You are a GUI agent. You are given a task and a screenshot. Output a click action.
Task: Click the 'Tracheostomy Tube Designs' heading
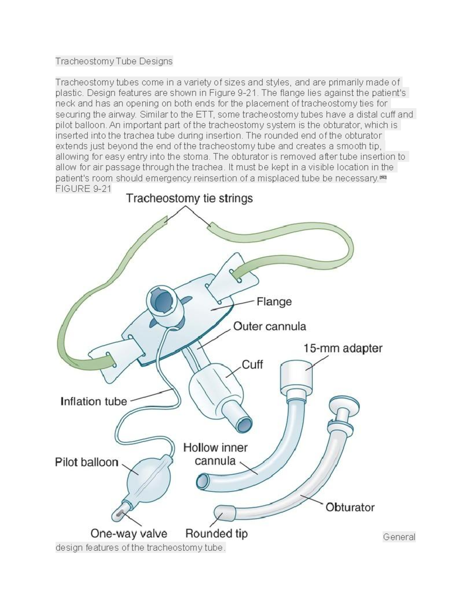click(114, 61)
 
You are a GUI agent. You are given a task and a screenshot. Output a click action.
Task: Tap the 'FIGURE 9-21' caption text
click(83, 189)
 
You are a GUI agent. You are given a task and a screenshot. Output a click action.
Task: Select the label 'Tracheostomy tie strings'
click(189, 199)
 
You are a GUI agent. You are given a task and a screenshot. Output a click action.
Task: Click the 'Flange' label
click(274, 302)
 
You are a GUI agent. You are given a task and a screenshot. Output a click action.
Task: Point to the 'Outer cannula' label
click(269, 326)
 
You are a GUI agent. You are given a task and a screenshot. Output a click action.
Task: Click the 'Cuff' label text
click(252, 365)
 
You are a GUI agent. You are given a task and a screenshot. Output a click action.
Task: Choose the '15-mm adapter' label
click(343, 348)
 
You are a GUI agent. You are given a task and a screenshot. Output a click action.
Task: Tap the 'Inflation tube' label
click(94, 401)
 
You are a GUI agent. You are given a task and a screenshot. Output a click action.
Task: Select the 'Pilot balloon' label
click(87, 462)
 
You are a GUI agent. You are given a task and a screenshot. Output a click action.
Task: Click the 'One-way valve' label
click(129, 533)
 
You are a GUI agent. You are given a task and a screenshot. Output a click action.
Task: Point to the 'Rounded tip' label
click(216, 533)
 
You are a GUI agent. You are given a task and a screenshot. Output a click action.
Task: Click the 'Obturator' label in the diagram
click(350, 507)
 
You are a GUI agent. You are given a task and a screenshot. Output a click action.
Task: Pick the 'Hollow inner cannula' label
click(215, 454)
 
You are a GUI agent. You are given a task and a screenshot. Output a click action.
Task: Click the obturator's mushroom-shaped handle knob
click(345, 406)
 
